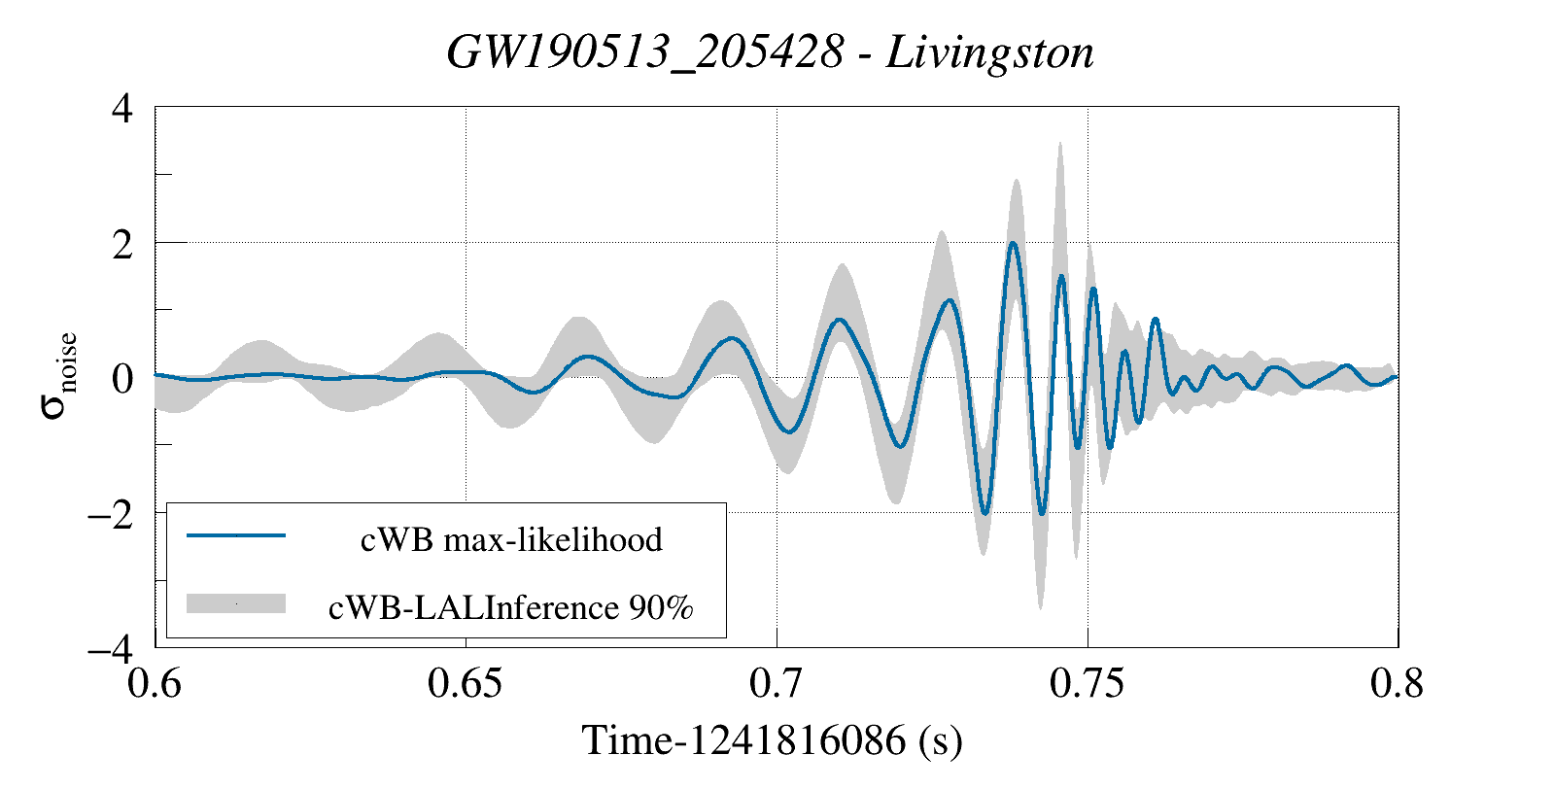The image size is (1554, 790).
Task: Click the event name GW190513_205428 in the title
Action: [644, 52]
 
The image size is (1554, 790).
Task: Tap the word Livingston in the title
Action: [989, 52]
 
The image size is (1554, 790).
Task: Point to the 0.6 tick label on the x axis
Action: [155, 684]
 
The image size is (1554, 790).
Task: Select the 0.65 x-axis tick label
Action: [466, 684]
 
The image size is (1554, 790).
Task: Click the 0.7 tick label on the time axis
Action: [777, 684]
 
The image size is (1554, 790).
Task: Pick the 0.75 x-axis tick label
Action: [1088, 684]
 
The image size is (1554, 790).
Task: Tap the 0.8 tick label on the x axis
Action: [1398, 684]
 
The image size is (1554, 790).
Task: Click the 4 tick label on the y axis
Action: [122, 108]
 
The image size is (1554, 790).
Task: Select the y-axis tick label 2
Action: [122, 244]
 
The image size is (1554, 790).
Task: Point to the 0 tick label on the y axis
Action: [122, 379]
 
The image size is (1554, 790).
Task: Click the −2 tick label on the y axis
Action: [110, 514]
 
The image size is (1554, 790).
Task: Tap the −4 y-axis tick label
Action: [110, 649]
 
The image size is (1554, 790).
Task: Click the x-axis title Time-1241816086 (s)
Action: [773, 740]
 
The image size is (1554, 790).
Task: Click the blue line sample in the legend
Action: [236, 535]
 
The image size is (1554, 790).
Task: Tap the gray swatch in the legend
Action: [236, 603]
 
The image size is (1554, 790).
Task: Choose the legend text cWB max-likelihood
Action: [511, 539]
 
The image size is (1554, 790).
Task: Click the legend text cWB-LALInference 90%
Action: [511, 607]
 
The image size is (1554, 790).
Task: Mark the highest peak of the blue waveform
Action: [1013, 243]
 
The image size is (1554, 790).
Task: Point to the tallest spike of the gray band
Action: [1060, 144]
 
